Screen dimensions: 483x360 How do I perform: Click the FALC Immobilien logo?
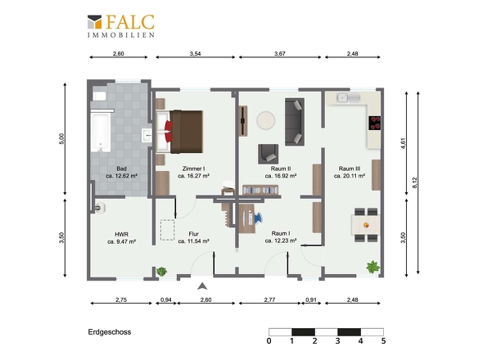[x=121, y=26]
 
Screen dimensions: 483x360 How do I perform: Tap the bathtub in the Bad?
[x=101, y=133]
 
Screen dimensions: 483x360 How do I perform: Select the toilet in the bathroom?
[x=99, y=96]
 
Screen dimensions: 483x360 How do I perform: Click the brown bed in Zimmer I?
[x=180, y=132]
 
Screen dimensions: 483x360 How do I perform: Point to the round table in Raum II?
[x=266, y=120]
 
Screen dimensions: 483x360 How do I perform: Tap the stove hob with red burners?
[x=375, y=123]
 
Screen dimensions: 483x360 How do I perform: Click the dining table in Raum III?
[x=366, y=225]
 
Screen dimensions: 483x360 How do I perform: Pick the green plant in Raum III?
[x=373, y=267]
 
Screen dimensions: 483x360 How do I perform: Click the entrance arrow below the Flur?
[x=202, y=286]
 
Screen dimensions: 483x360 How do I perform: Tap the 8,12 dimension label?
[x=414, y=182]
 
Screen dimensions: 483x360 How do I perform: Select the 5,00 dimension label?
[x=61, y=139]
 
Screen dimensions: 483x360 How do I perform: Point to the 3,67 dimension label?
[x=280, y=53]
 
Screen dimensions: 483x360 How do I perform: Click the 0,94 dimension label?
[x=166, y=299]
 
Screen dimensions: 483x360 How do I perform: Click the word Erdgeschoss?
[x=110, y=332]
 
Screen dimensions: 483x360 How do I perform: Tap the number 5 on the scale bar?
[x=383, y=341]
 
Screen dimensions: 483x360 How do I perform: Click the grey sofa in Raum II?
[x=295, y=122]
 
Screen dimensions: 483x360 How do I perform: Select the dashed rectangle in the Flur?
[x=167, y=230]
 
